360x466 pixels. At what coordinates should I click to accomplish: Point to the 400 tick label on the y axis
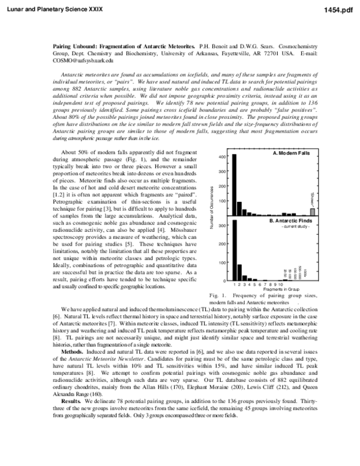(x=221, y=157)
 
